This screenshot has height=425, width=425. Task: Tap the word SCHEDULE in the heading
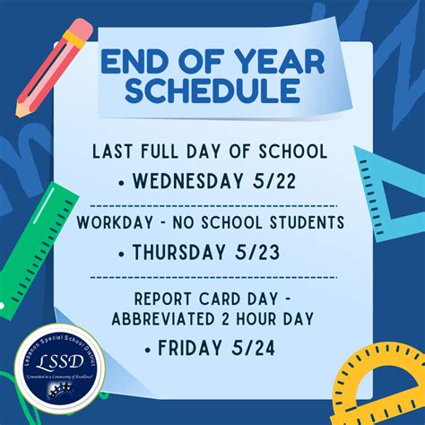click(x=212, y=90)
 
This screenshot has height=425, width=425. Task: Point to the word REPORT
click(x=163, y=297)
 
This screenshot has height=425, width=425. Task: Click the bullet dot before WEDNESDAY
click(x=122, y=183)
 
